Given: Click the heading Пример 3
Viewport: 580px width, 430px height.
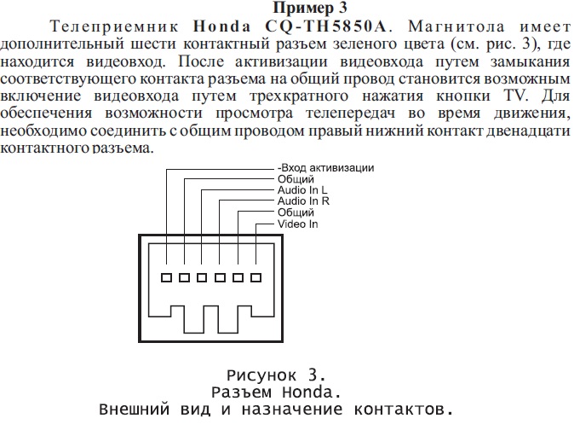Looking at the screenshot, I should click(289, 9).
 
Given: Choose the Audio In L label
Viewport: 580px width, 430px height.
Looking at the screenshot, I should click(302, 189).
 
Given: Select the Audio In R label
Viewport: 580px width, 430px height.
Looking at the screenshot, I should click(303, 201).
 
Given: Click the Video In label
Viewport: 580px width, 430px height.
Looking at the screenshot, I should click(297, 224).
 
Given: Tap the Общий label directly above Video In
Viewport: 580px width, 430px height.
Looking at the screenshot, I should click(296, 212).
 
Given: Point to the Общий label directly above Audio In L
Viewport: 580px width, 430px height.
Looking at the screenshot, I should click(296, 178).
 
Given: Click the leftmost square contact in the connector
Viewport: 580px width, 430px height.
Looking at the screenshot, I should click(166, 277).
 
